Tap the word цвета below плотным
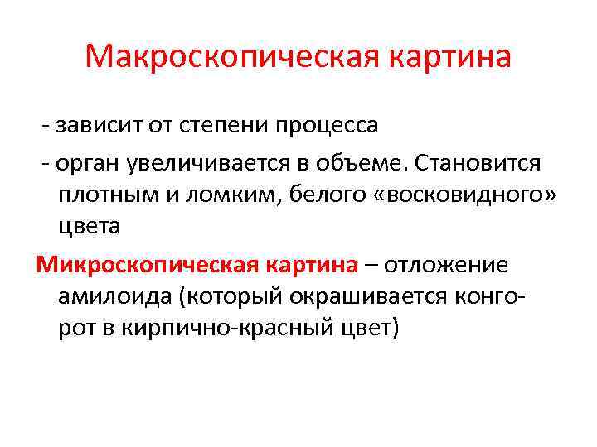click(x=90, y=225)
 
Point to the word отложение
click(x=451, y=265)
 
